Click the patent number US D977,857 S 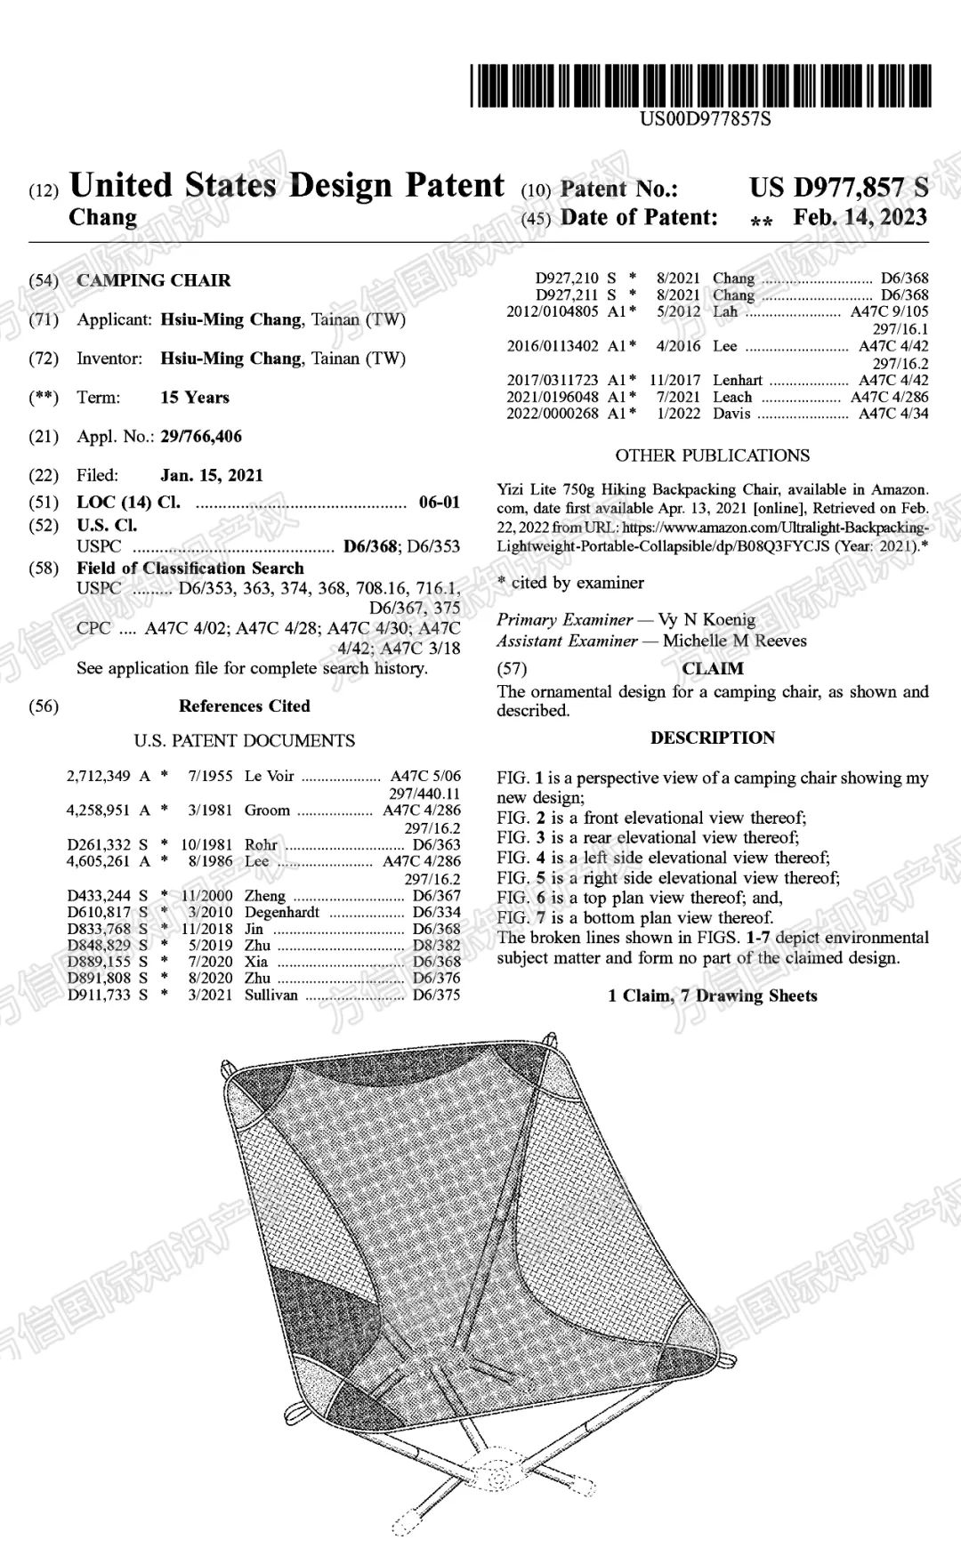[838, 188]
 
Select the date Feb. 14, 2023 [860, 218]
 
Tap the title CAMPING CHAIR [153, 280]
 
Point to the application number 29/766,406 [201, 437]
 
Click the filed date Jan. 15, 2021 [212, 475]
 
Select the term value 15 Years [195, 398]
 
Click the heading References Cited [244, 706]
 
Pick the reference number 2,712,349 [99, 776]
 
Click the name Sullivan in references [271, 995]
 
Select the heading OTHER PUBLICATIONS [712, 456]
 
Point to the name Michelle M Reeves [735, 641]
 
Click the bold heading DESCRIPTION [712, 738]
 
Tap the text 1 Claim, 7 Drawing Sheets [712, 996]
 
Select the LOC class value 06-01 [440, 503]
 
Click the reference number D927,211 [567, 295]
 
